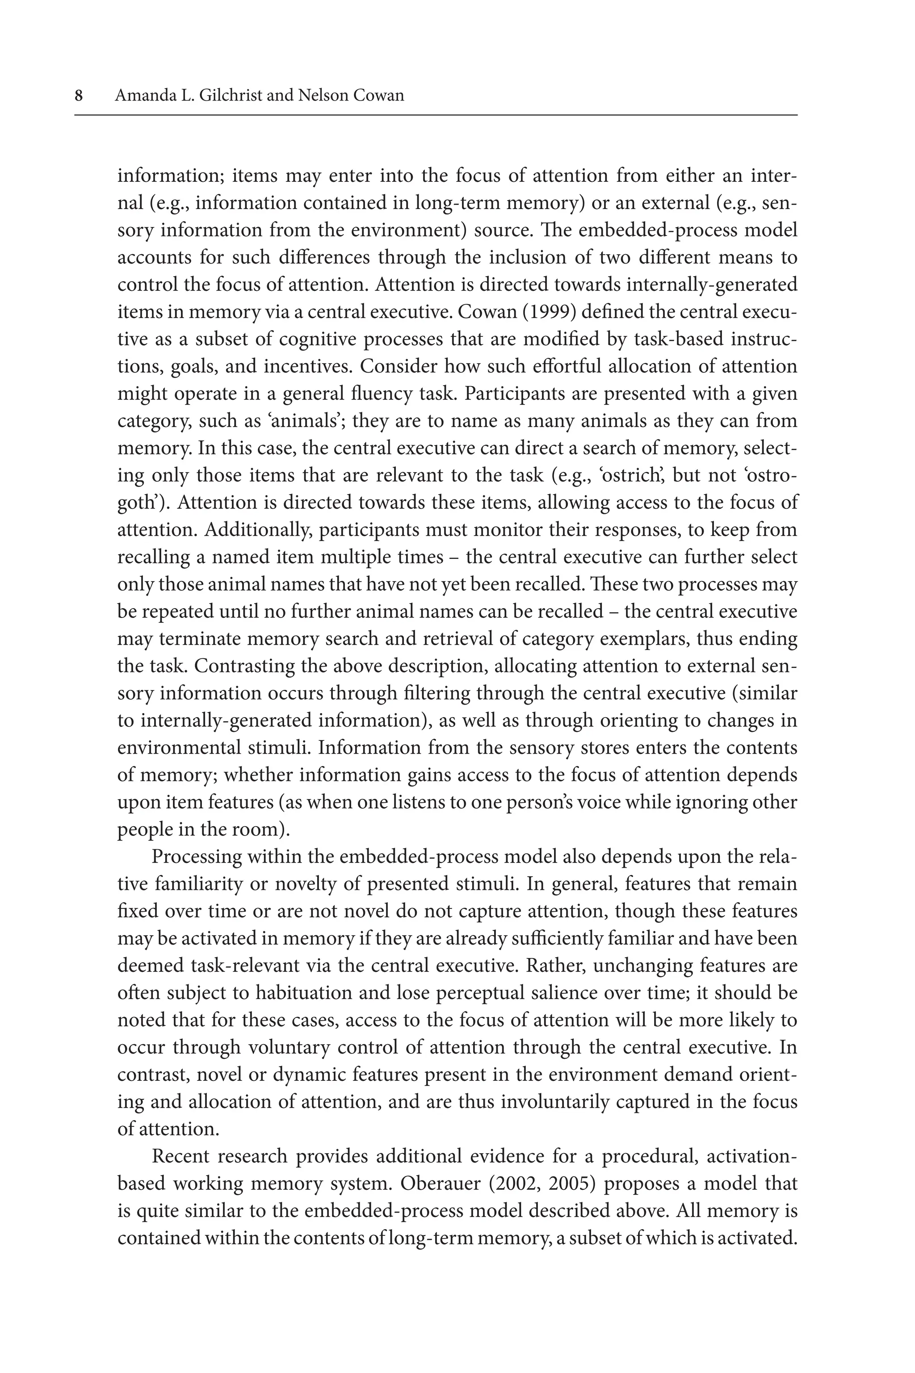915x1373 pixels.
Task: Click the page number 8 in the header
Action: pos(79,95)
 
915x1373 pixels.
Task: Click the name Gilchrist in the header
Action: pos(230,95)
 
